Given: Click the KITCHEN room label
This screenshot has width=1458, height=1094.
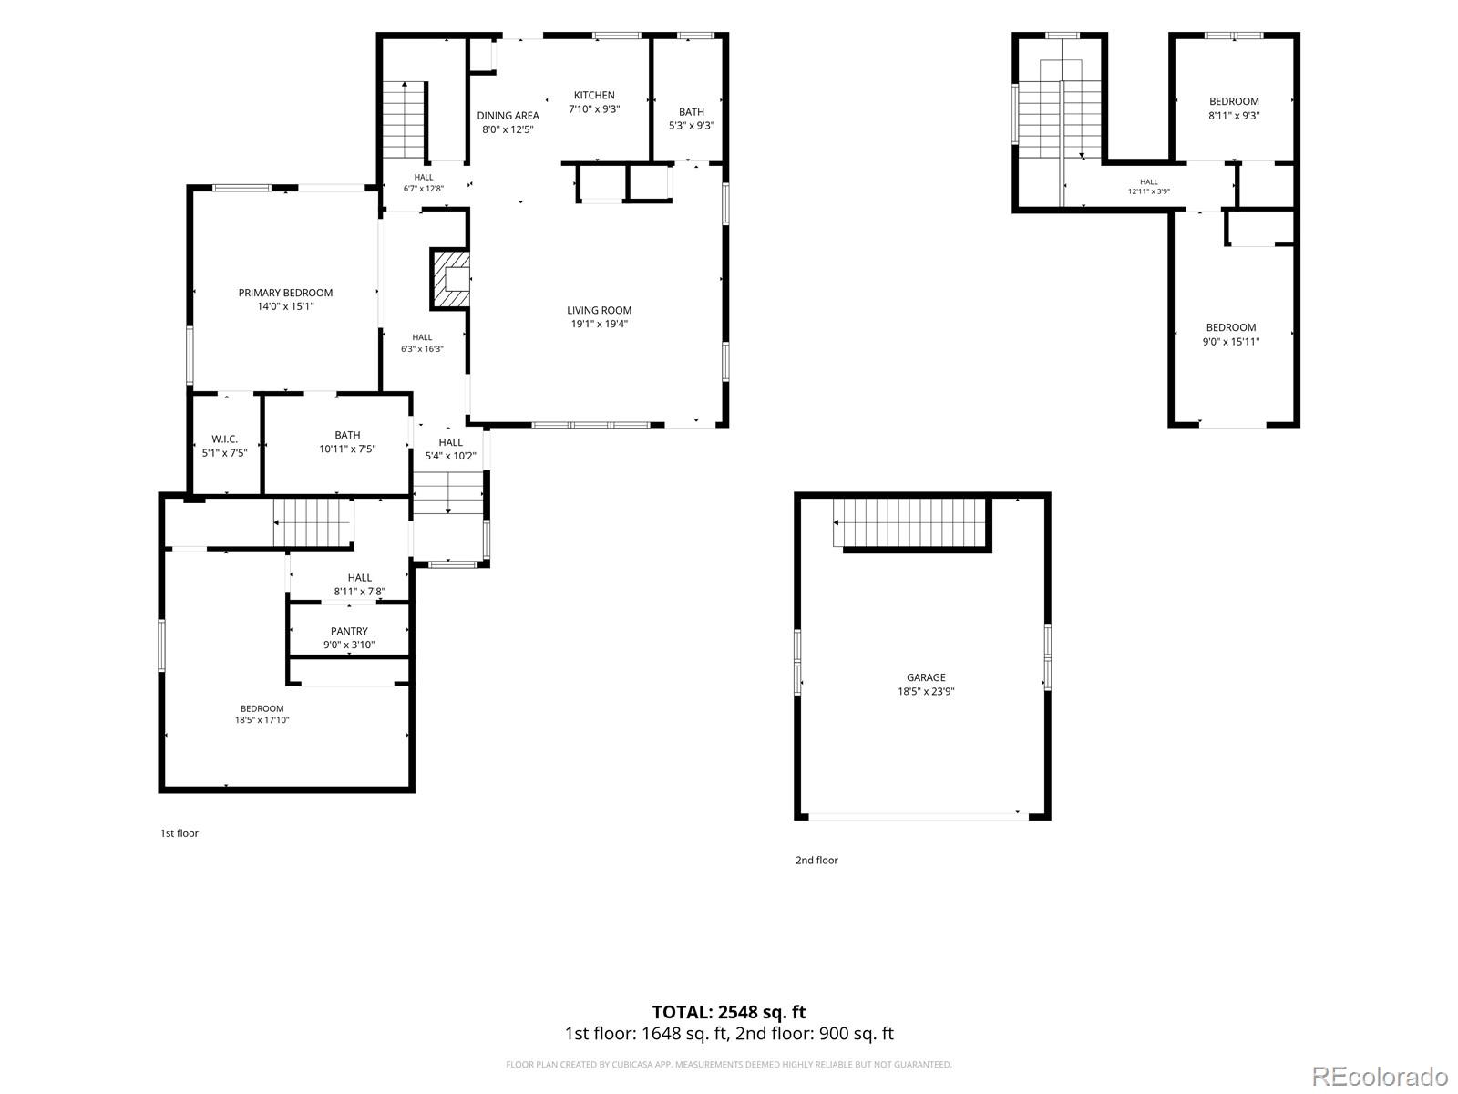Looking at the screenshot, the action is pos(594,95).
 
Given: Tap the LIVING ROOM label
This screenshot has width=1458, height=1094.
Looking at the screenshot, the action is pos(599,310).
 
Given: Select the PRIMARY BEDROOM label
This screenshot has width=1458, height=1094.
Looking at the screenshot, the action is pos(285,293).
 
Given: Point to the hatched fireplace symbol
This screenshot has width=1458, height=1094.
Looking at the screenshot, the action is pos(450,279).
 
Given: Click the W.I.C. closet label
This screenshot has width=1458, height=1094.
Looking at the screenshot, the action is pos(224,439).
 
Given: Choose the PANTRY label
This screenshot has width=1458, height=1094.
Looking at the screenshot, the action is pos(349,631).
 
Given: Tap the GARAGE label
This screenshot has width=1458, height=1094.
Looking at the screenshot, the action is pos(925,677).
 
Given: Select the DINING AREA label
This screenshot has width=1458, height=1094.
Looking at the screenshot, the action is pos(508,116).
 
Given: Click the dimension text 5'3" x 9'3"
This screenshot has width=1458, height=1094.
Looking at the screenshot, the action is pos(691,126).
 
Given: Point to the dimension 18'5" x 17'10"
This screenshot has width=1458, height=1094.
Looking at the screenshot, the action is pos(262,720).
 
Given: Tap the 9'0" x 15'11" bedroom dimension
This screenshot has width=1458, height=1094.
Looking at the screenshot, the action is pos(1230,342).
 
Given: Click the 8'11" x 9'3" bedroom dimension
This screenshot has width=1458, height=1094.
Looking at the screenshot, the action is pos(1234,116).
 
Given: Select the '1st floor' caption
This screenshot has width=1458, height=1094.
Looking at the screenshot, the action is pos(180,833).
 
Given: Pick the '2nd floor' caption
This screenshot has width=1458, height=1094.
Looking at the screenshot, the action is pos(816,861).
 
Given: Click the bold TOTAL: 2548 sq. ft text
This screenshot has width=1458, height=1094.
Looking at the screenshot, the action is pos(729,1012).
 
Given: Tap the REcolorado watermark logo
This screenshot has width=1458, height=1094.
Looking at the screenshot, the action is pos(1381,1076).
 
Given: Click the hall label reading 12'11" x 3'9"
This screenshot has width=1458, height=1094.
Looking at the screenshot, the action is pos(1148,191).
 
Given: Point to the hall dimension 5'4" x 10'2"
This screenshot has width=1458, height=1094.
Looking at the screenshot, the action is pos(450,457).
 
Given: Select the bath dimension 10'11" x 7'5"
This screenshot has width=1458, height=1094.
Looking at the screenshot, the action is pos(347,449).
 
